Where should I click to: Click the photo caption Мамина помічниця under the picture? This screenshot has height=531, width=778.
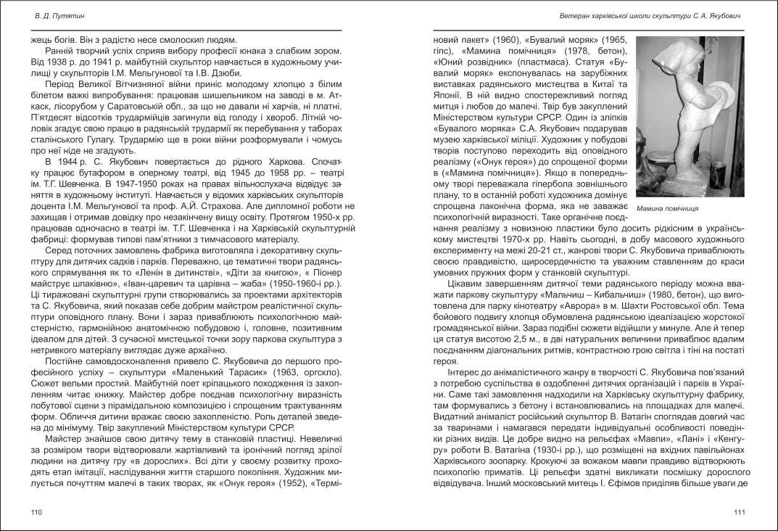[667, 208]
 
